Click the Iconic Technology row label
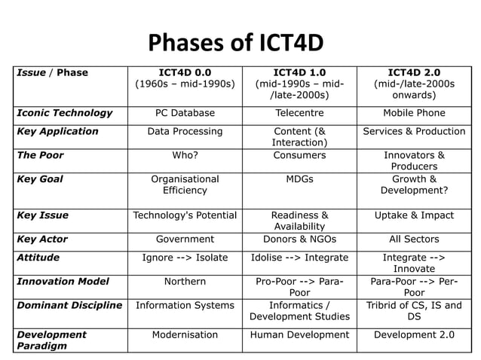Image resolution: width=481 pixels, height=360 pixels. click(x=65, y=113)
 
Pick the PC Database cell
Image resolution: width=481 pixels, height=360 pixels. click(x=185, y=113)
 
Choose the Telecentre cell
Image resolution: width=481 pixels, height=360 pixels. click(x=299, y=113)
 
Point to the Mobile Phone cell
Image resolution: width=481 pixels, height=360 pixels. click(x=414, y=113)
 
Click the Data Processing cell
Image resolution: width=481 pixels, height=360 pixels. click(x=185, y=131)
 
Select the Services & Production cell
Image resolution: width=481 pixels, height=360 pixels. click(x=414, y=131)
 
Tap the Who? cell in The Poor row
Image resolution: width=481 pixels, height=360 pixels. click(x=185, y=155)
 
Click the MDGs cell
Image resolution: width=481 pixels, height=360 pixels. click(x=299, y=179)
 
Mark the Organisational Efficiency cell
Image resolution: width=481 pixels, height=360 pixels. click(x=185, y=185)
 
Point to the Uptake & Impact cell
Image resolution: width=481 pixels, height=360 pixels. click(x=414, y=215)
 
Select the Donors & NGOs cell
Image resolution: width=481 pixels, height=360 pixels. click(x=299, y=239)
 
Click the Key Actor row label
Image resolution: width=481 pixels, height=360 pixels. click(x=42, y=239)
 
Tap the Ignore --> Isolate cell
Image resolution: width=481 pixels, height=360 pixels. click(x=185, y=258)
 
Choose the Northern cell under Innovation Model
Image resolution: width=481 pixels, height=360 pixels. click(x=185, y=282)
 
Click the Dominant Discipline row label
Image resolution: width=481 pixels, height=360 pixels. click(x=69, y=306)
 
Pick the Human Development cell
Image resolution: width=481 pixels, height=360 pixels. click(x=299, y=335)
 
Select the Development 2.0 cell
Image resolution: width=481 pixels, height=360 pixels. click(x=414, y=335)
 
